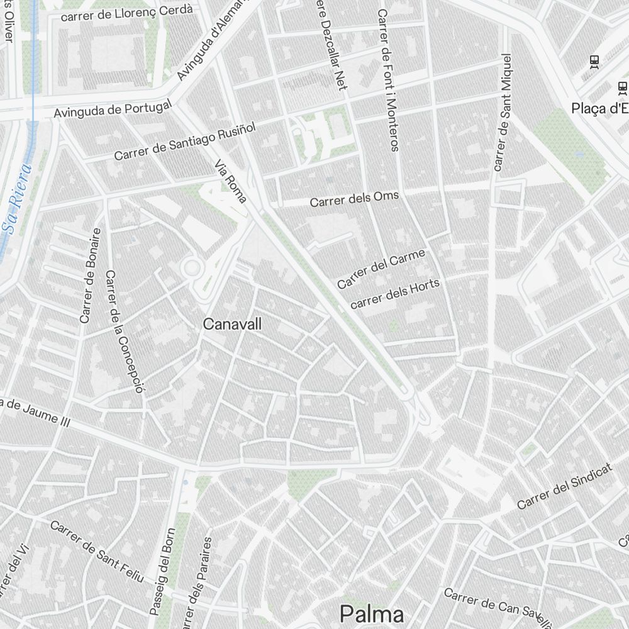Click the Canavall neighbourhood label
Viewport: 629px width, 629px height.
click(232, 324)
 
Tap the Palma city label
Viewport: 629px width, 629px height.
click(371, 613)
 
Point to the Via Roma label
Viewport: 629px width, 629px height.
click(231, 181)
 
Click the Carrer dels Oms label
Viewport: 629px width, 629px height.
click(354, 199)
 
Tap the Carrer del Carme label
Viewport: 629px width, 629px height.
click(381, 269)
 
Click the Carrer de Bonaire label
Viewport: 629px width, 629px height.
click(90, 276)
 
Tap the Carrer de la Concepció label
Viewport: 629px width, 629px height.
click(125, 331)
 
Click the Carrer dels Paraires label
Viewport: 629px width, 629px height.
click(196, 582)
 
